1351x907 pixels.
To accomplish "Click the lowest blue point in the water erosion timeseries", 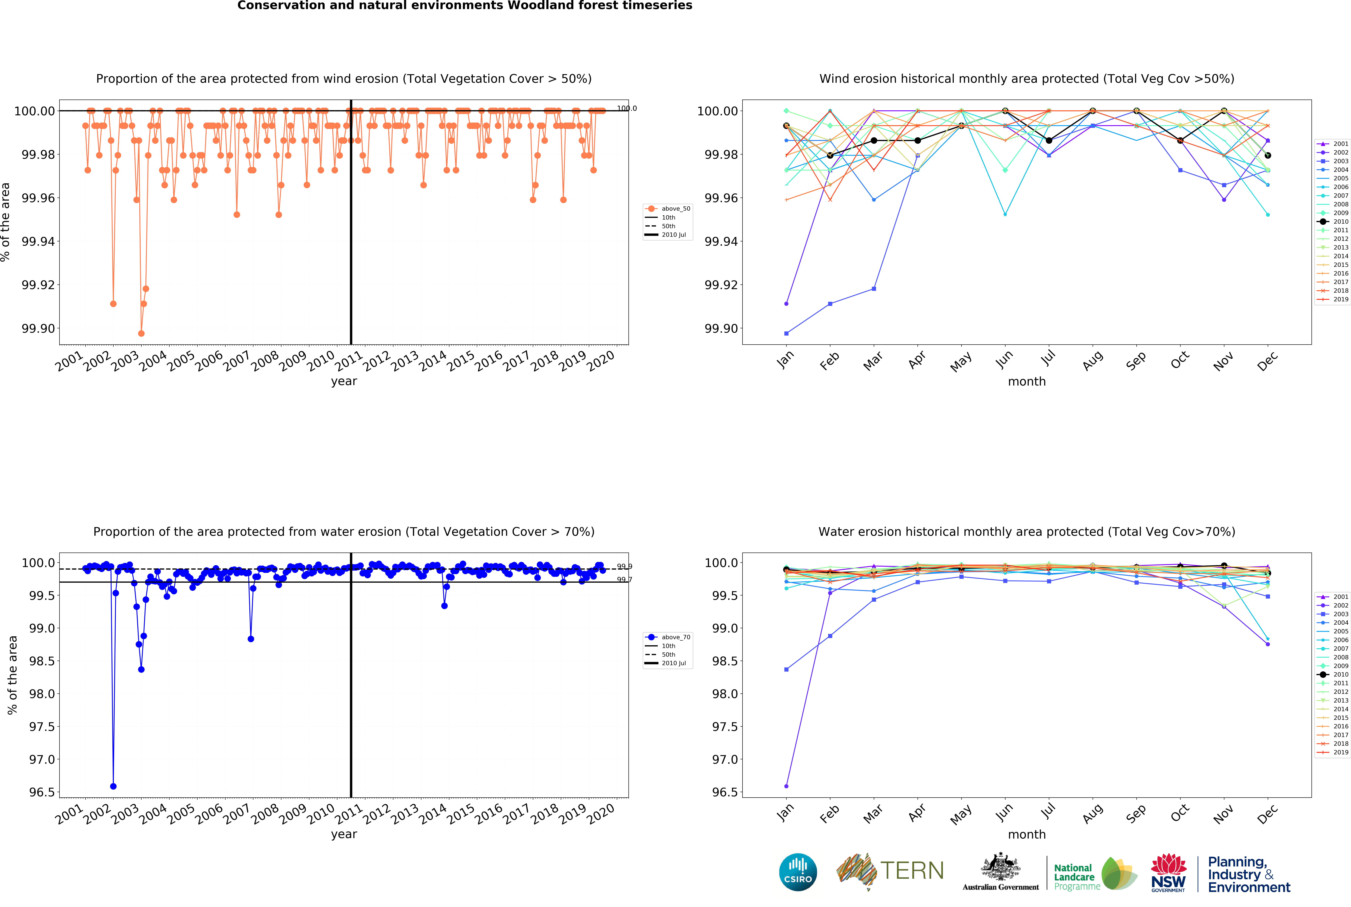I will (x=113, y=786).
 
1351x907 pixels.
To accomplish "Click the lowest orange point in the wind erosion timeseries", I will (x=141, y=334).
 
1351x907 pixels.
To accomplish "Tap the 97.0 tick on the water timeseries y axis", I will (x=42, y=759).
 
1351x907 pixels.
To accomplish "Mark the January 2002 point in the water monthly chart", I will (x=786, y=786).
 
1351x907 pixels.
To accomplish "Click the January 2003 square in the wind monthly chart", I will (x=786, y=334).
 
